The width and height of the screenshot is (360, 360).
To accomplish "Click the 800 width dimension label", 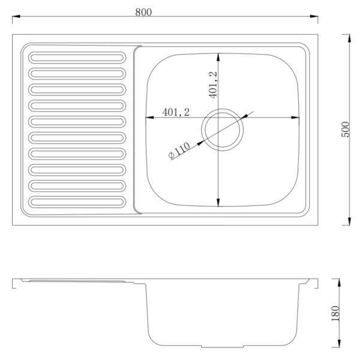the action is pyautogui.click(x=143, y=12).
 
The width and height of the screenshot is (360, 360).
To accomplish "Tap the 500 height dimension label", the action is pyautogui.click(x=345, y=130).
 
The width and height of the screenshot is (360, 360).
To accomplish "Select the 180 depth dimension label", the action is pyautogui.click(x=335, y=313).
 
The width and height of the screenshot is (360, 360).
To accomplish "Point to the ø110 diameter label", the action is pyautogui.click(x=179, y=151).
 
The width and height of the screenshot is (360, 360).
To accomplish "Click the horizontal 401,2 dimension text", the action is pyautogui.click(x=176, y=112).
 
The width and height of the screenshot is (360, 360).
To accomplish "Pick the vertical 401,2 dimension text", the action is pyautogui.click(x=213, y=85).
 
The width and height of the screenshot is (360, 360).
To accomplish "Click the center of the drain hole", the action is pyautogui.click(x=222, y=130).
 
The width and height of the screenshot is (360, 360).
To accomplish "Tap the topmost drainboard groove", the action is pyautogui.click(x=77, y=58).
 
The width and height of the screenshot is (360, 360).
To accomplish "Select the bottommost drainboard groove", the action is pyautogui.click(x=77, y=202).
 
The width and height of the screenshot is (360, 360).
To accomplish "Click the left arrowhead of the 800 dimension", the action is pyautogui.click(x=16, y=16).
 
